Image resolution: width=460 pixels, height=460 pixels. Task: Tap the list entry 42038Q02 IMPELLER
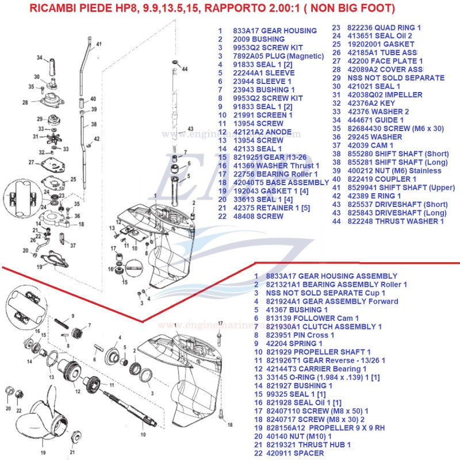[x=386, y=95]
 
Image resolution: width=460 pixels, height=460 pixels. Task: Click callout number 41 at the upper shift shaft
[x=98, y=44]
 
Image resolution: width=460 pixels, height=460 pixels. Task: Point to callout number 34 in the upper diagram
[x=40, y=57]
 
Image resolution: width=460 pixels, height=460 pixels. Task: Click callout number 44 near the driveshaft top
[x=185, y=68]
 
